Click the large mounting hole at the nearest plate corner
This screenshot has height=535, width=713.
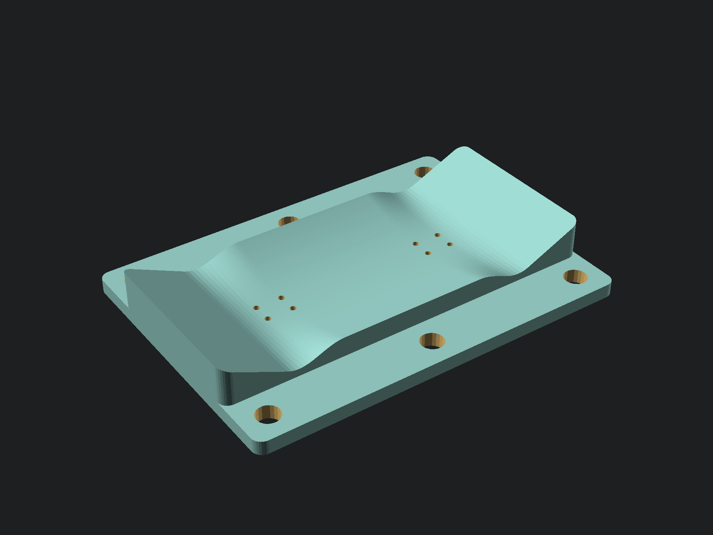(x=268, y=415)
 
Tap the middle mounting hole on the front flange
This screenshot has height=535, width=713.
(x=432, y=341)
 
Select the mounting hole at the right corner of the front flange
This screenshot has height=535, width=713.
(x=575, y=277)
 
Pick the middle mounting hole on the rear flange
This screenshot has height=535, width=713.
(x=289, y=222)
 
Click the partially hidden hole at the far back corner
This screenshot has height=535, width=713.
(x=423, y=172)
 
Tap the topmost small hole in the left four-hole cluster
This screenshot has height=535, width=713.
(x=281, y=298)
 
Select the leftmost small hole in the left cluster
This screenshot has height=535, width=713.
(x=256, y=308)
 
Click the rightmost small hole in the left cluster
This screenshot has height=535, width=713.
(x=293, y=308)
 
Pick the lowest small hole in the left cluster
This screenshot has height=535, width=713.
(x=268, y=319)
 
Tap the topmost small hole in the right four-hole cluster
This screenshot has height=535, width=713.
(x=437, y=235)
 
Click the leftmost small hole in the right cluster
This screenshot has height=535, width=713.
(x=416, y=244)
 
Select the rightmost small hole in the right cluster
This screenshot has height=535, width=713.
(x=450, y=244)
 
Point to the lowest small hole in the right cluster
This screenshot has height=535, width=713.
(x=428, y=253)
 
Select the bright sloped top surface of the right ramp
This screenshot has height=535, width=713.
(x=494, y=201)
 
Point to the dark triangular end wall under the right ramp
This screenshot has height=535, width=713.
(x=557, y=249)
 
